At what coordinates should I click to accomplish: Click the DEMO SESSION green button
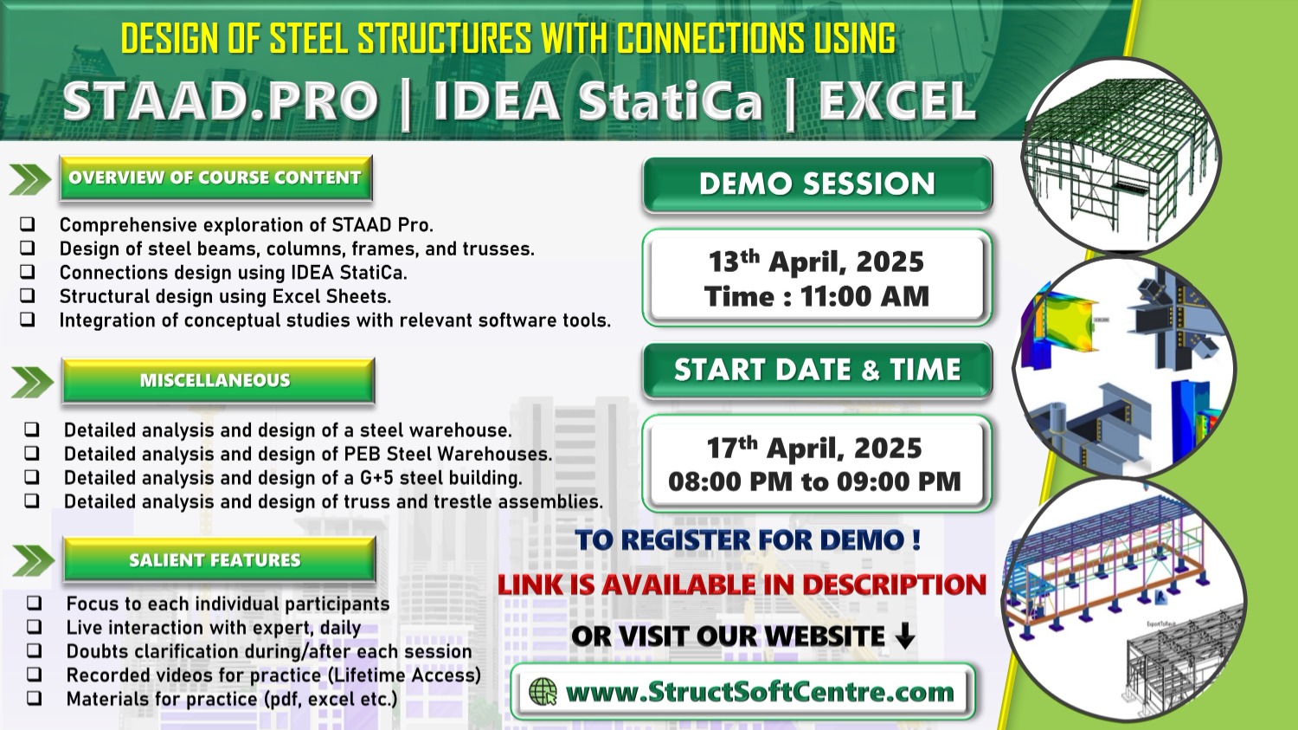(818, 184)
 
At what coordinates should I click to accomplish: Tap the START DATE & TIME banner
(818, 370)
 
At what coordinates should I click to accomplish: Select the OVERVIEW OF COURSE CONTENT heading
(215, 178)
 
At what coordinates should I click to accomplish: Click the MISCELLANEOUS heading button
(218, 380)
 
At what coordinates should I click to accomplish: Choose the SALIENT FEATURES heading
(219, 559)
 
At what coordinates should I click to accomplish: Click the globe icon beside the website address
(543, 692)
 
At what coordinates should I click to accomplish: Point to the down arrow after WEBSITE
(905, 636)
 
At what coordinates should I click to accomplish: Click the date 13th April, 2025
(816, 261)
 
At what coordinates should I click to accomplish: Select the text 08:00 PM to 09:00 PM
(814, 481)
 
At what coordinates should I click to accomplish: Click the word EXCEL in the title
(897, 101)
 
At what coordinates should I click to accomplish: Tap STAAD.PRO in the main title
(221, 101)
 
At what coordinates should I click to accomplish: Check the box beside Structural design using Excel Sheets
(27, 295)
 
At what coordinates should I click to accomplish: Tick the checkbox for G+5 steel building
(32, 476)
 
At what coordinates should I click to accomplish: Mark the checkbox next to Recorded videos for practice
(35, 674)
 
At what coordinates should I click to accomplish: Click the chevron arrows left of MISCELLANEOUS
(32, 382)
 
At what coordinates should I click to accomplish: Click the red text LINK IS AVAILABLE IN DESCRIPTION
(742, 585)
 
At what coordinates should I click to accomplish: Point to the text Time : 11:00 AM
(817, 296)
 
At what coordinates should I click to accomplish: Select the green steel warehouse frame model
(1121, 155)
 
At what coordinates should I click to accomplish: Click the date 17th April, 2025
(814, 448)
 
